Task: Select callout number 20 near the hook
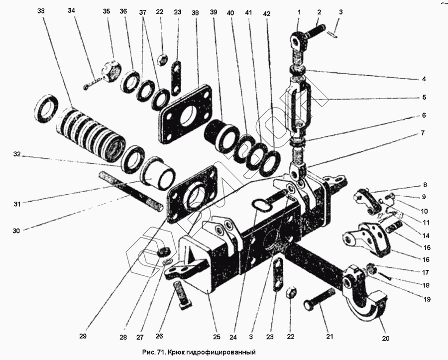coord(386,339)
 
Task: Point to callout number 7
coord(423,134)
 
